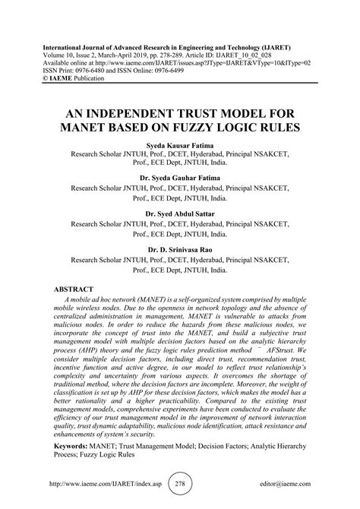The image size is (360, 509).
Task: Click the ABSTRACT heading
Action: (77, 290)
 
